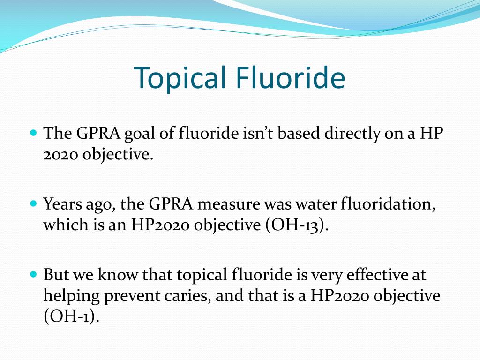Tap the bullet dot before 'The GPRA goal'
[33, 133]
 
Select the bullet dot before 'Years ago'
[33, 204]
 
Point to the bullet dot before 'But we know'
[33, 273]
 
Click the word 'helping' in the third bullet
[71, 296]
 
